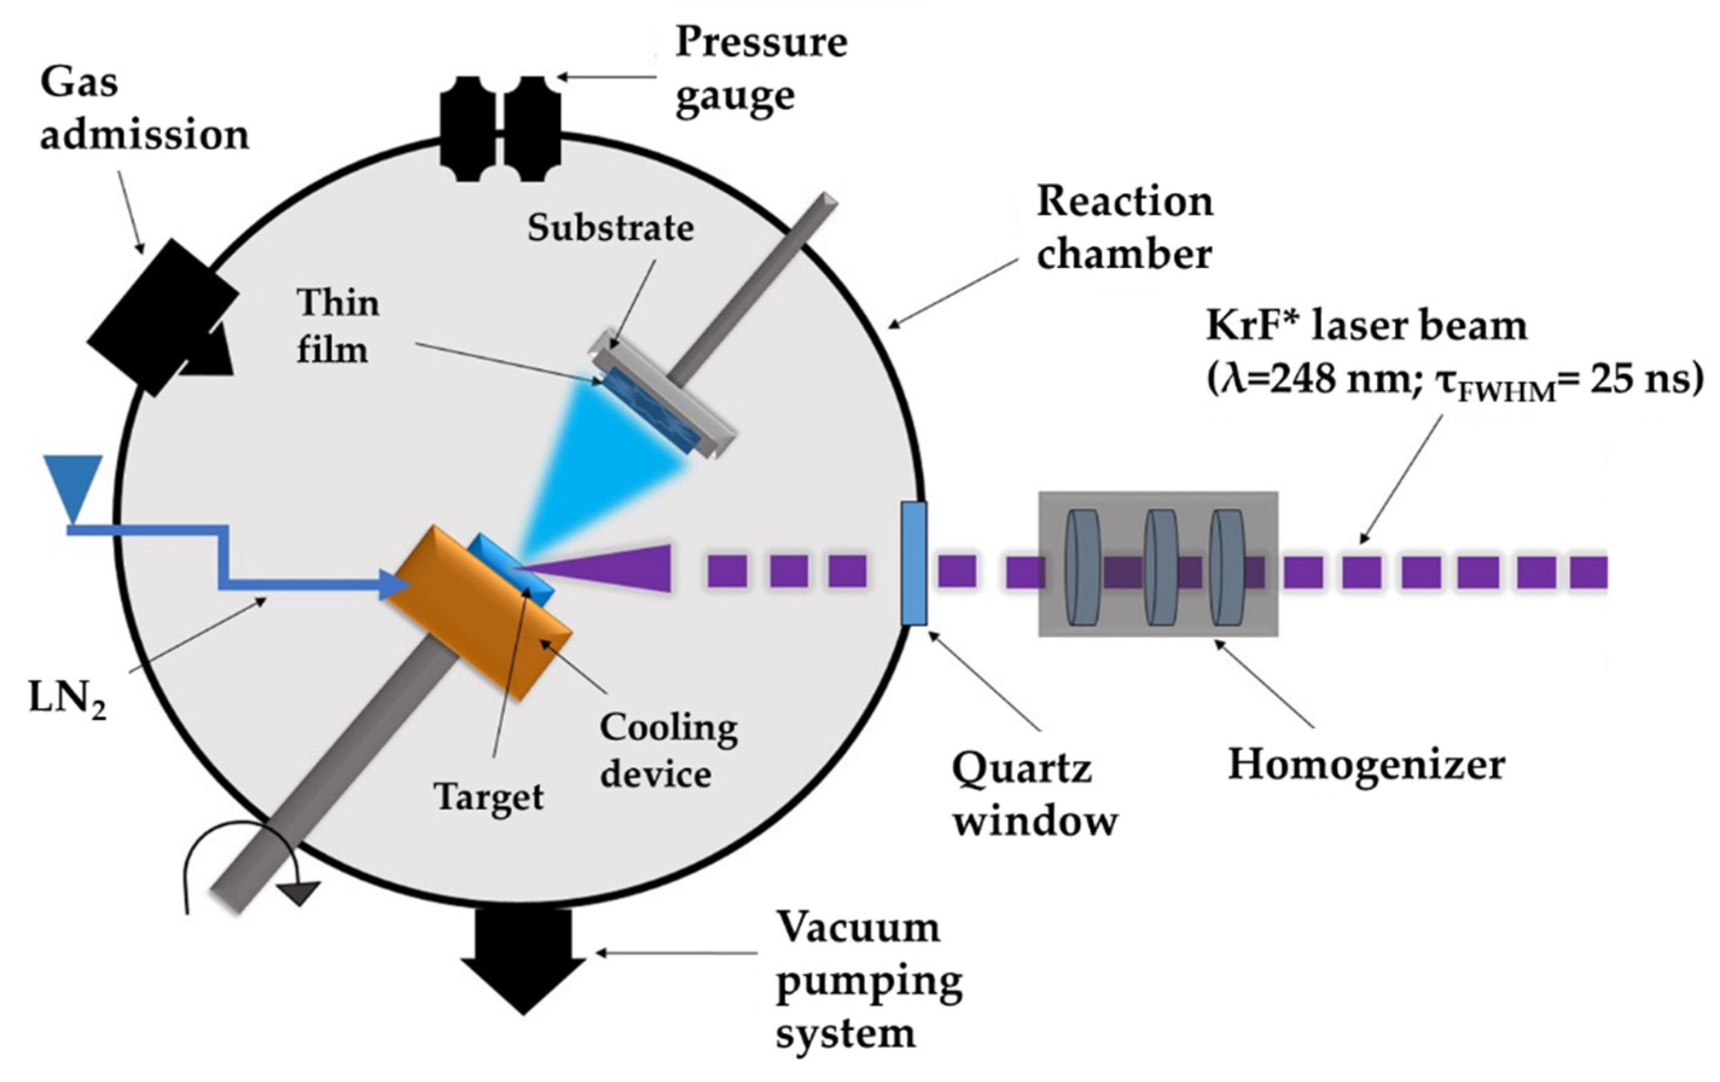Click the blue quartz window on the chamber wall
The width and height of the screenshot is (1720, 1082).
(913, 564)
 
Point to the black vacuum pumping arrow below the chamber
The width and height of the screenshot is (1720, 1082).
(523, 957)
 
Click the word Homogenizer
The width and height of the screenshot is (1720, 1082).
(1366, 766)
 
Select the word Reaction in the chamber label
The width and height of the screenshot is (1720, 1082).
(1125, 202)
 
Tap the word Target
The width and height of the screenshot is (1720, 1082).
(489, 797)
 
